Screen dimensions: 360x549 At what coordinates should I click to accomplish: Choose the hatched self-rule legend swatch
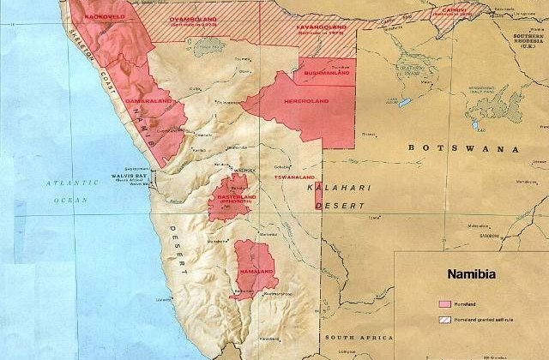point(444,320)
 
